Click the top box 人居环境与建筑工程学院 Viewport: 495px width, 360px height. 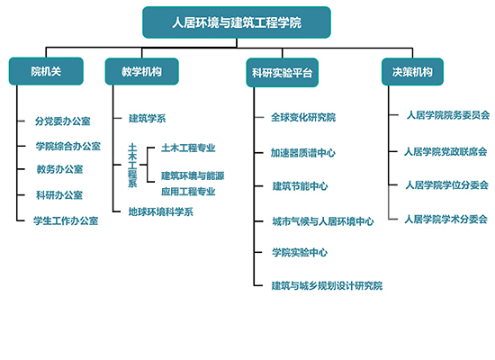(237, 22)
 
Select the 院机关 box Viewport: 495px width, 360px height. (46, 71)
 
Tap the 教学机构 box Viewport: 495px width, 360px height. (141, 71)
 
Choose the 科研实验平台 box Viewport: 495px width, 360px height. (283, 73)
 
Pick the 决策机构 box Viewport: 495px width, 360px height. (412, 72)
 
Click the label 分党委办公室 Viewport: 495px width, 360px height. (63, 121)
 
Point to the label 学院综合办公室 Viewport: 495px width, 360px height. (68, 146)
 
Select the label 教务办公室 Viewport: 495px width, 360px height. (59, 169)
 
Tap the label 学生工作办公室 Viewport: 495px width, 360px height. (66, 220)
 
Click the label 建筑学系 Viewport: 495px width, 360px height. (147, 119)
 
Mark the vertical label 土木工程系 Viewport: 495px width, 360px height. (132, 166)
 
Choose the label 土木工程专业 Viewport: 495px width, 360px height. (188, 148)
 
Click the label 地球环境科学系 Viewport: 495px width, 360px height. (161, 211)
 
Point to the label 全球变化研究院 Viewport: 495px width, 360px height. (303, 118)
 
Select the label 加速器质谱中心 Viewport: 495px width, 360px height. (303, 153)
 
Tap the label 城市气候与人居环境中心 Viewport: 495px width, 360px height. (323, 221)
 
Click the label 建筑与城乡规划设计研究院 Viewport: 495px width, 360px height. (327, 286)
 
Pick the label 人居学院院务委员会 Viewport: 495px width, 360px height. (448, 115)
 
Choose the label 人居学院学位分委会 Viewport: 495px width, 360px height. (447, 184)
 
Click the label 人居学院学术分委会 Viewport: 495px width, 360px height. (446, 219)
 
